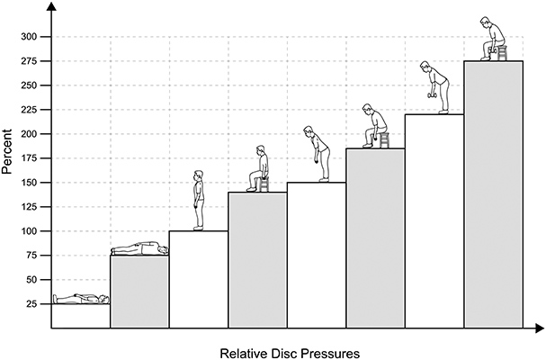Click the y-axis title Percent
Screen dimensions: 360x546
coord(8,157)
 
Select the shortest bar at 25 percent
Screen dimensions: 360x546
coord(81,316)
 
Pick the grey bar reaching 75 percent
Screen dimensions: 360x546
coord(139,292)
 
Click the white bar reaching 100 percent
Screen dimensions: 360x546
coord(198,279)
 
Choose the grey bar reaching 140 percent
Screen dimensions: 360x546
coord(257,260)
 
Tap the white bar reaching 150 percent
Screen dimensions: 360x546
coord(316,256)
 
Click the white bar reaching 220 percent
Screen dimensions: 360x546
coord(434,221)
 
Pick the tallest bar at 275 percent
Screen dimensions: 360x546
coord(493,194)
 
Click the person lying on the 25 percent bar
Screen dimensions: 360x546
coord(81,298)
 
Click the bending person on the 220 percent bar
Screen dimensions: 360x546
coord(434,87)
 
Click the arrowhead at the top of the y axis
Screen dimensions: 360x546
coord(52,7)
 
